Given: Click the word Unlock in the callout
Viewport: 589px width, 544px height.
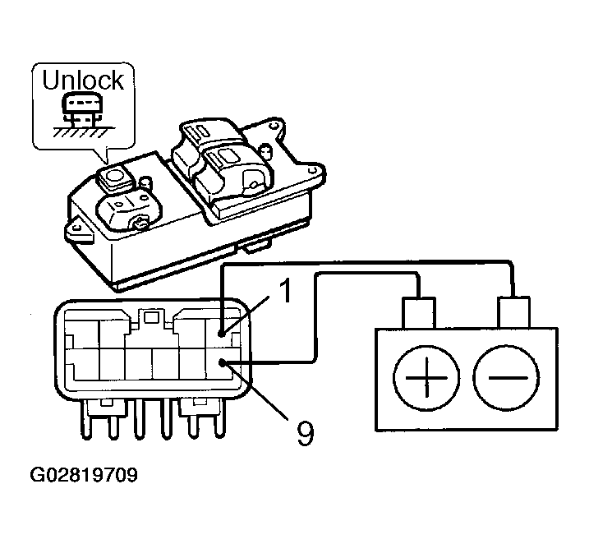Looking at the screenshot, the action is (83, 80).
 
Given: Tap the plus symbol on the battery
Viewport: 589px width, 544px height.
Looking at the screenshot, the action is (426, 377).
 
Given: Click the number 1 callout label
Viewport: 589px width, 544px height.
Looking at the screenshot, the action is (286, 291).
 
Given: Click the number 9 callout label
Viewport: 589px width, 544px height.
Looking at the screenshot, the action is (305, 433).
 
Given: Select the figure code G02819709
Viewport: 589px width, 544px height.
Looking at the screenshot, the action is (84, 475).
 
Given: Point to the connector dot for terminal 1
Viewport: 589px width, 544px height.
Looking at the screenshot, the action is (222, 333).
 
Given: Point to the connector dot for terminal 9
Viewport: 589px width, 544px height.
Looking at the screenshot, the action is (223, 362).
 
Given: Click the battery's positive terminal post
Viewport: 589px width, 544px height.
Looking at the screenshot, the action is (419, 312).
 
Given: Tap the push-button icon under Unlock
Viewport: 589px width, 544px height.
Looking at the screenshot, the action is (82, 109).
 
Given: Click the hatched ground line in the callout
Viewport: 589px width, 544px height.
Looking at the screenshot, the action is (84, 131).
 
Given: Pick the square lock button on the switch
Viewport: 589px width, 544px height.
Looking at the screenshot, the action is (116, 177).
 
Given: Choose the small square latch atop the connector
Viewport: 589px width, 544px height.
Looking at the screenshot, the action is (151, 318).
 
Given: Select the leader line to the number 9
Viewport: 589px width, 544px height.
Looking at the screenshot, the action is (255, 390).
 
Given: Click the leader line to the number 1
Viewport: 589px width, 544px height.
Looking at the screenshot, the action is (246, 315).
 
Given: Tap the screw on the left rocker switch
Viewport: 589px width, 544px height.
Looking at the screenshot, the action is (140, 224).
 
